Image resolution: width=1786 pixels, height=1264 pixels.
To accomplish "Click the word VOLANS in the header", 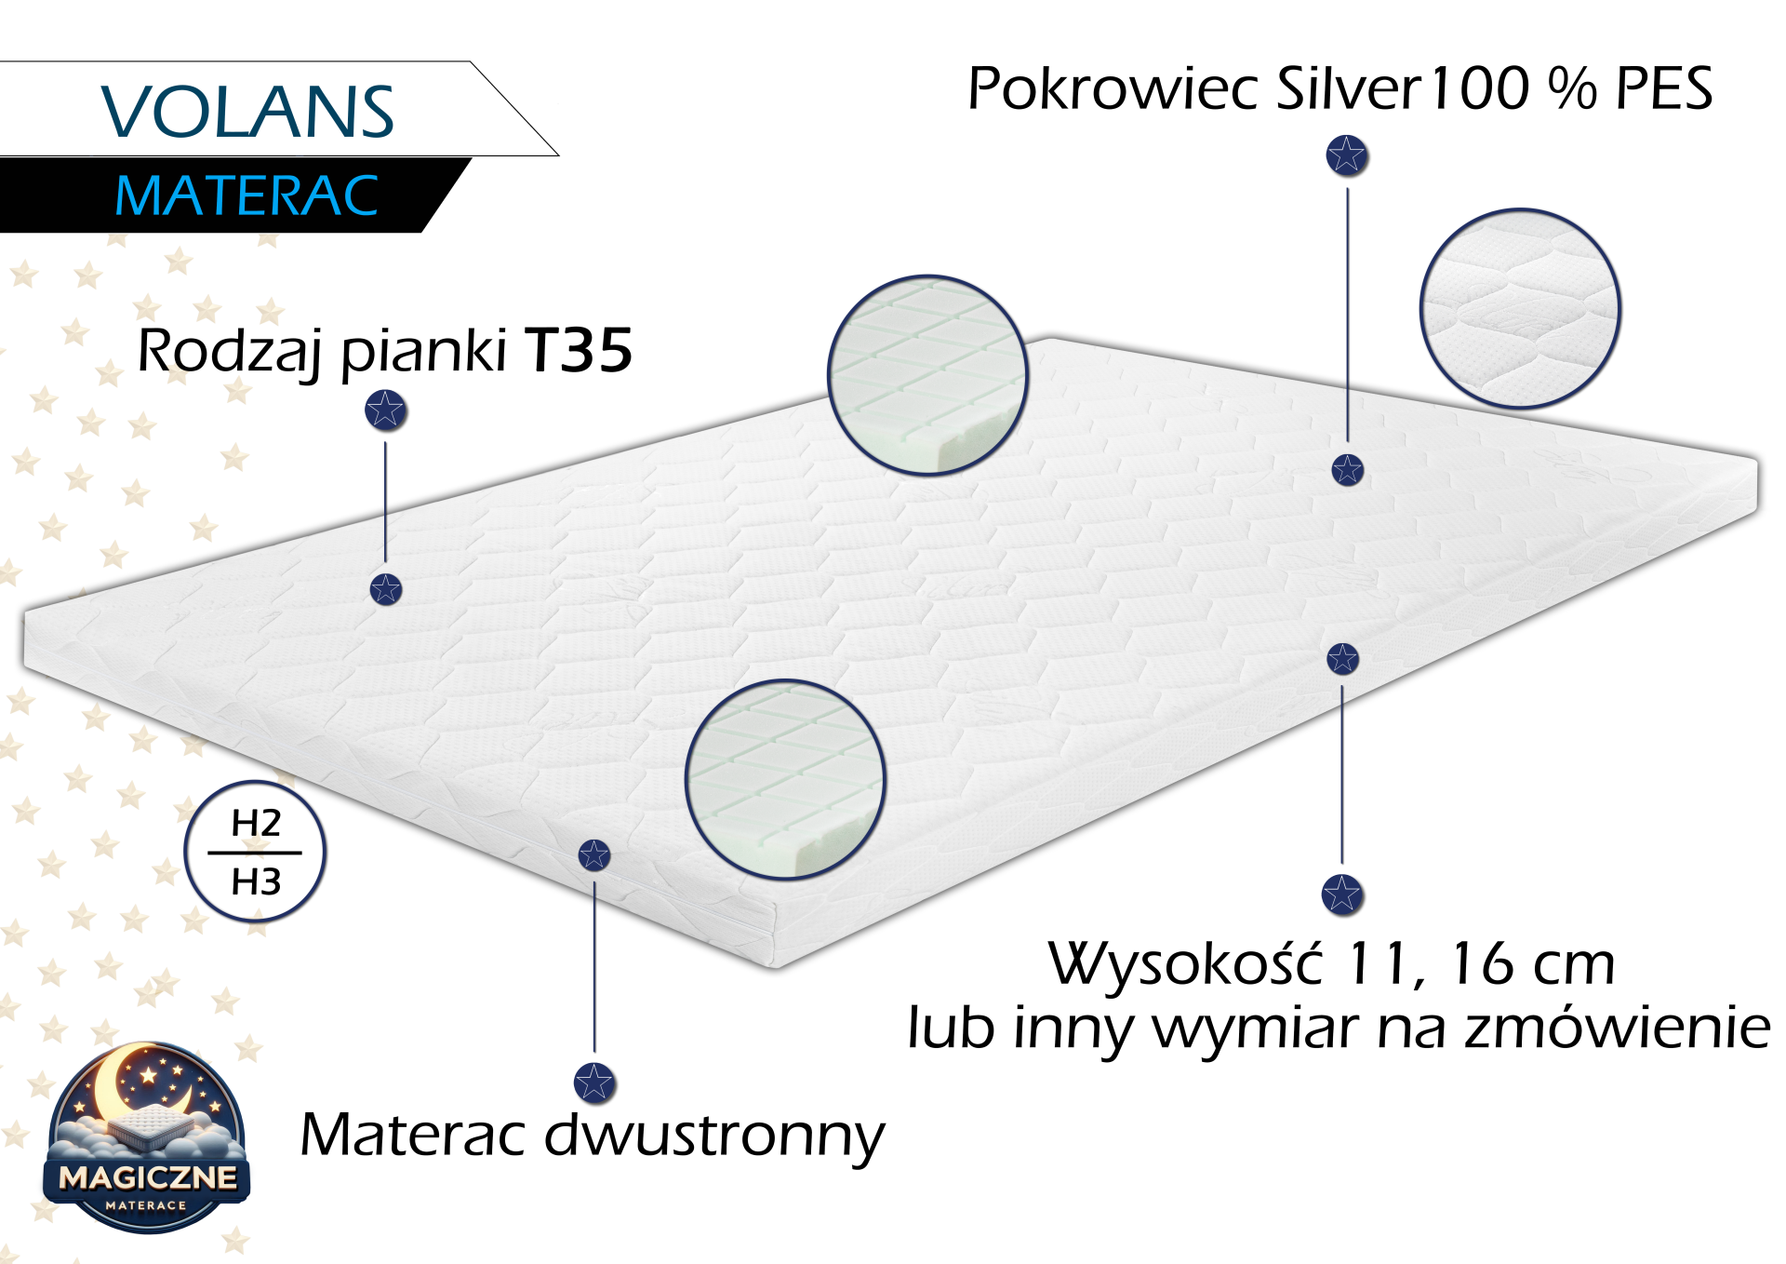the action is [247, 112].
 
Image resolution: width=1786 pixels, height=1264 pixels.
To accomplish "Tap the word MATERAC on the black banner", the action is [247, 196].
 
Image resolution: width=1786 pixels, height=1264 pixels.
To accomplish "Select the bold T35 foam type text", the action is [579, 351].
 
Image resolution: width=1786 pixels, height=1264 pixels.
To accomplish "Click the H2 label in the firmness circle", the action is [256, 823].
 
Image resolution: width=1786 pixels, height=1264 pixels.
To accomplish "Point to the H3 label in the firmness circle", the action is [256, 881].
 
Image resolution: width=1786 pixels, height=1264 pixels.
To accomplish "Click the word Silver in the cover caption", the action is [1349, 88].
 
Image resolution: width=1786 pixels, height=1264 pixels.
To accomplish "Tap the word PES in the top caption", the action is [1664, 88].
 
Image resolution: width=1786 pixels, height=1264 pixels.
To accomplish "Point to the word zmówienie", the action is [1618, 1028].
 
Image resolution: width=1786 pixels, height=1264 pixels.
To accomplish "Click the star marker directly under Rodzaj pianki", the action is [385, 410].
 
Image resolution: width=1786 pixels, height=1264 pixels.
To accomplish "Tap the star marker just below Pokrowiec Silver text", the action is [1346, 155].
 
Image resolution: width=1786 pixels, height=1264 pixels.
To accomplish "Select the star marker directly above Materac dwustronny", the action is [594, 1082].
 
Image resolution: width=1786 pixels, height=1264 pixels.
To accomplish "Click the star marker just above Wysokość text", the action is [1341, 894].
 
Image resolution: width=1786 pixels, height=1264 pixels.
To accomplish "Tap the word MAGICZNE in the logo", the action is [148, 1177].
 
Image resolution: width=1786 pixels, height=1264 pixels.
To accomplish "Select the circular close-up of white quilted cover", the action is [1520, 309].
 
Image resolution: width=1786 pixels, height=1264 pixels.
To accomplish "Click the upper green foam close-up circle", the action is [927, 375].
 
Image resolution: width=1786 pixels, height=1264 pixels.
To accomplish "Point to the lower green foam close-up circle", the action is [785, 779].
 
